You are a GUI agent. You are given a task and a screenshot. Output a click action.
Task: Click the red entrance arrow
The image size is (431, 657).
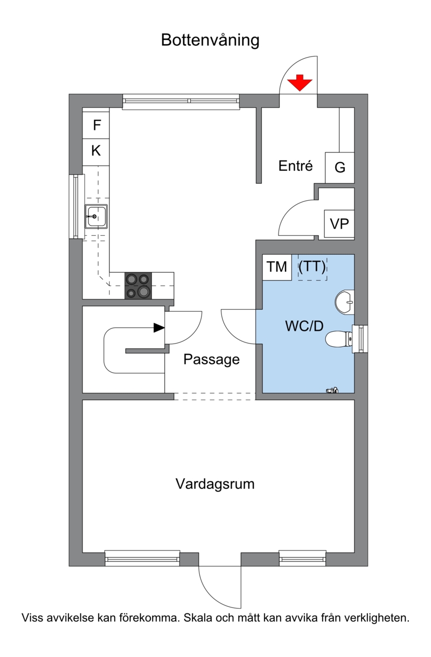tap(300, 83)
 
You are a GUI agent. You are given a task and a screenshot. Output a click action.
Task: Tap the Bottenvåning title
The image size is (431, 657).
tap(210, 40)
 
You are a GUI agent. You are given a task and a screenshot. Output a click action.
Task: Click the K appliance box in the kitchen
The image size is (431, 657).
tap(96, 151)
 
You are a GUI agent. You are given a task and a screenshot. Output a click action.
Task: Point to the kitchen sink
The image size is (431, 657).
tap(96, 216)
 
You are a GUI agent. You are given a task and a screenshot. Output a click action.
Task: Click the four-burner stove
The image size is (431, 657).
tap(138, 285)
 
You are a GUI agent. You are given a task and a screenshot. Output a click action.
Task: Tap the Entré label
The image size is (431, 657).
tap(295, 166)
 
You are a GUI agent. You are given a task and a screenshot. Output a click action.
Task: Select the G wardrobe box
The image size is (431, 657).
tap(340, 167)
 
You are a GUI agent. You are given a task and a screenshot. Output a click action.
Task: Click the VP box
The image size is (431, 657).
tap(339, 224)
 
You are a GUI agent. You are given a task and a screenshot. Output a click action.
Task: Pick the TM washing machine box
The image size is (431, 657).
tap(277, 267)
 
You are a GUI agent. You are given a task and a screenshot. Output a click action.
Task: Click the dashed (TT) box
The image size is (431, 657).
tap(312, 267)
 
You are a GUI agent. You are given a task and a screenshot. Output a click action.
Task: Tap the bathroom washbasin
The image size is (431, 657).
tap(345, 302)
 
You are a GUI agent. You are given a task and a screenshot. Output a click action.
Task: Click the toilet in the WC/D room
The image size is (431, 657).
tap(340, 339)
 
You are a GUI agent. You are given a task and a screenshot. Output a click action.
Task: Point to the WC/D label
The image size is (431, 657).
tap(304, 326)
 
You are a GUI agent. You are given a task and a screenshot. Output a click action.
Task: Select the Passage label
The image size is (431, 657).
tap(212, 360)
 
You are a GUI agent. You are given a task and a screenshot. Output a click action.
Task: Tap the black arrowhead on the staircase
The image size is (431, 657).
tap(159, 327)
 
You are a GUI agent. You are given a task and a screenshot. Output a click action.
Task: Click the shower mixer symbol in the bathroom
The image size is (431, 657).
tap(332, 390)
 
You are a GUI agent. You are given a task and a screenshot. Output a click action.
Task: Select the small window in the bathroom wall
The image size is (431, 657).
tap(361, 339)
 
